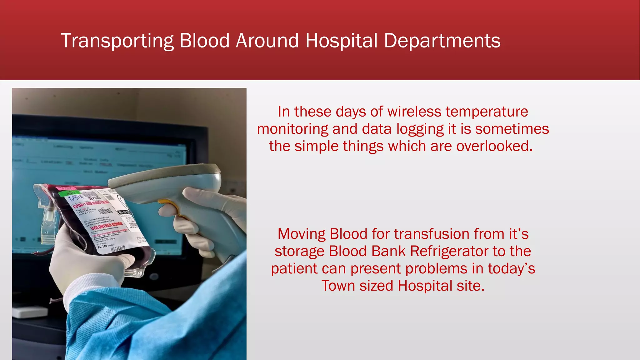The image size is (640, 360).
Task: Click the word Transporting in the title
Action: [x=117, y=41]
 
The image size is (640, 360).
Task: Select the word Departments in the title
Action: [x=442, y=41]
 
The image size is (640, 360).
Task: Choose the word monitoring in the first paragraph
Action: [x=292, y=129]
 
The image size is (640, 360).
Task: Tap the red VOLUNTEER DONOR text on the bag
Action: [x=106, y=226]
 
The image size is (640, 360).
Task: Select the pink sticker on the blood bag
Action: [x=64, y=188]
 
